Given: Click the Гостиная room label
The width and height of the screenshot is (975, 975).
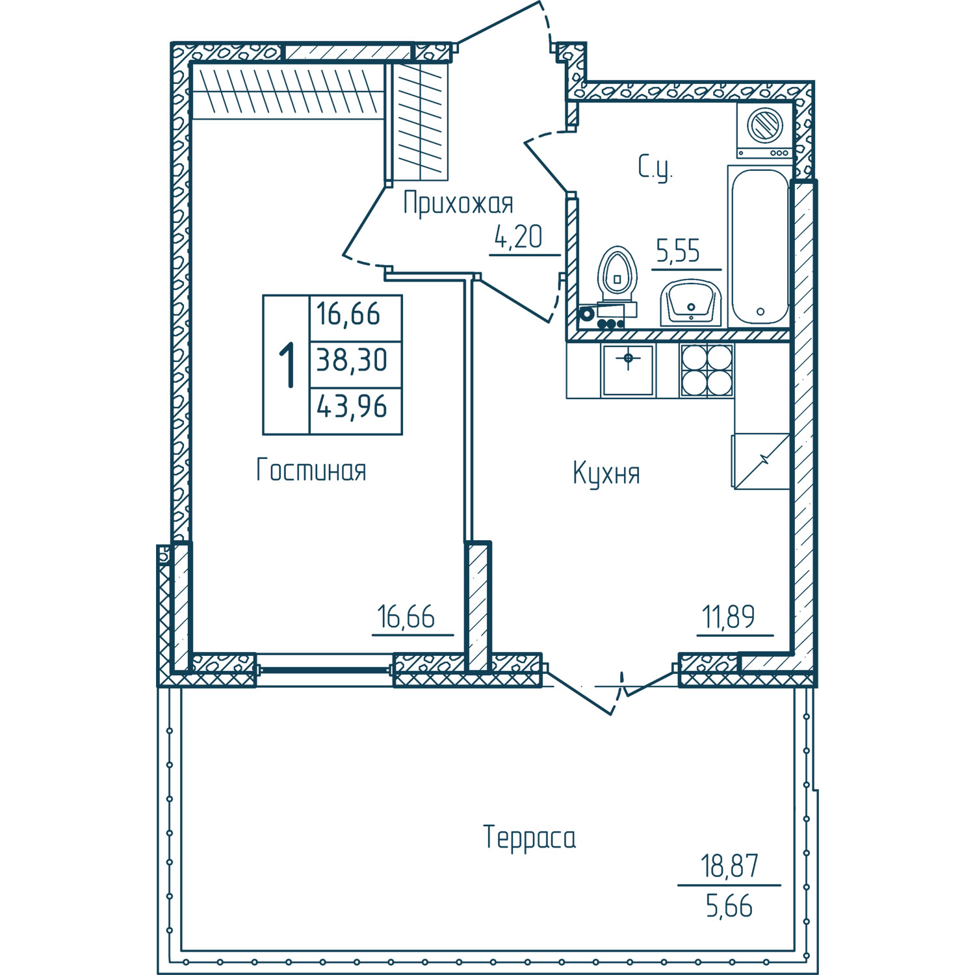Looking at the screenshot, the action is [311, 470].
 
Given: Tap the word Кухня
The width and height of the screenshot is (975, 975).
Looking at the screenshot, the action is [606, 473].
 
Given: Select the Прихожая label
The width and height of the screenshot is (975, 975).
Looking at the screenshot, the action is [458, 203].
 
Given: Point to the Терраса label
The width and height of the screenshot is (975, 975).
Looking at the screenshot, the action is [530, 837].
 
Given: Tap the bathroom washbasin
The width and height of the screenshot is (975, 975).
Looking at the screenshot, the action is [691, 303].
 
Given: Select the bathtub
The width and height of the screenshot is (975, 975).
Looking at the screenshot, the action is [759, 246].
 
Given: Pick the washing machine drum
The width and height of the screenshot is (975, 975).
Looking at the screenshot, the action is [764, 125].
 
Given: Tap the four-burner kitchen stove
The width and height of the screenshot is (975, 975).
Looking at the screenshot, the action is [707, 370].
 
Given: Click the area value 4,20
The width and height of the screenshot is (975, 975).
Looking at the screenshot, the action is [519, 237].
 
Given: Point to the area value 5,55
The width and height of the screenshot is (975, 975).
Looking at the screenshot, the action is [678, 251].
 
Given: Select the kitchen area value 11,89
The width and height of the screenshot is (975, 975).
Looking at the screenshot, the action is [729, 617].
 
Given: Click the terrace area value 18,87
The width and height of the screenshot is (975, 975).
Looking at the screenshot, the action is [729, 866].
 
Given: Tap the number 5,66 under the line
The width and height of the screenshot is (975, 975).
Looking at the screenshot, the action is [729, 906].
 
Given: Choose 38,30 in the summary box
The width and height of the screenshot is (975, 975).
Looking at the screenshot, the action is [352, 359].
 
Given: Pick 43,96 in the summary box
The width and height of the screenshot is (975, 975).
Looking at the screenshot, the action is [352, 407].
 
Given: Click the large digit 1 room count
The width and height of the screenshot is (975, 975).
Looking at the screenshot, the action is [287, 365].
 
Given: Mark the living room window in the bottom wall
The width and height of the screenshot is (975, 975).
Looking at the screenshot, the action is [324, 669].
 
